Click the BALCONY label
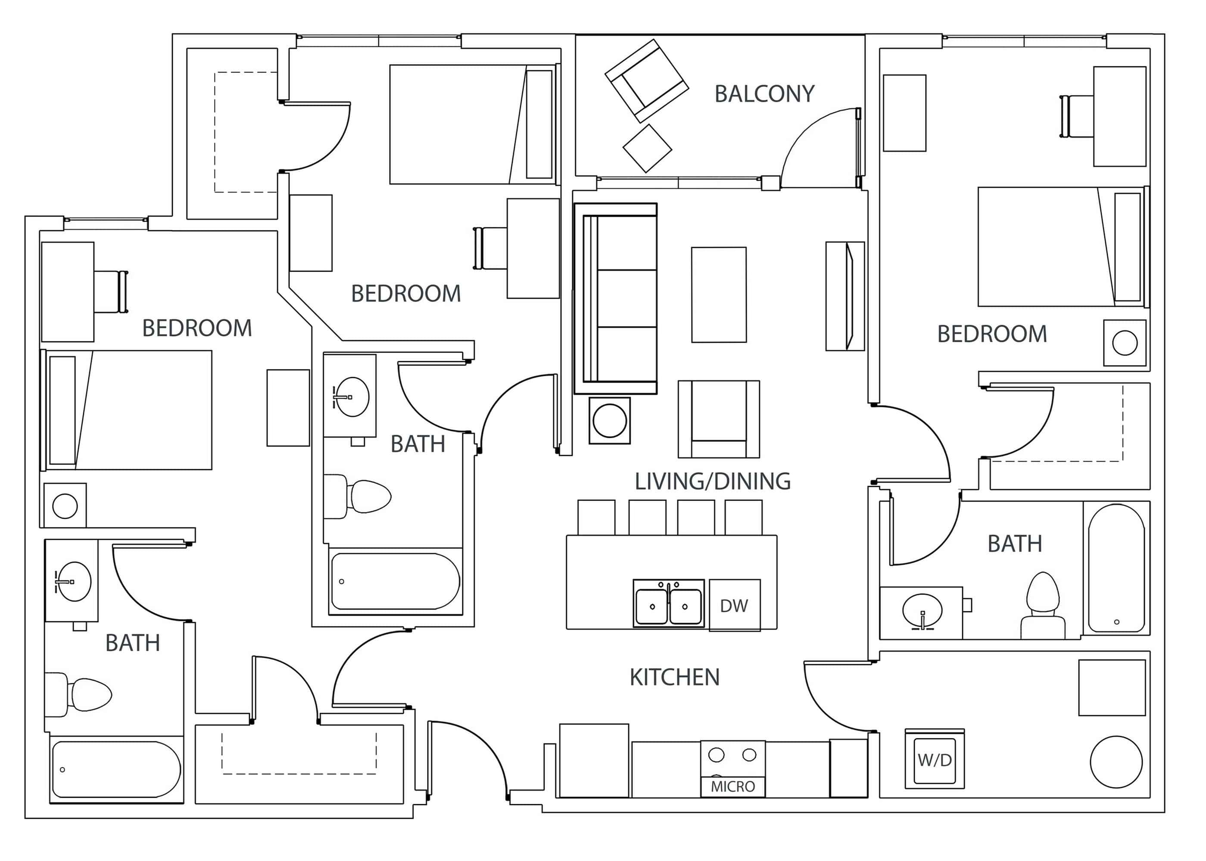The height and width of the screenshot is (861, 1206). click(x=764, y=94)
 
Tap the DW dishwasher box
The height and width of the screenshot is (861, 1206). click(x=734, y=605)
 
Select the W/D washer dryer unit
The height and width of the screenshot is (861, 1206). click(x=935, y=759)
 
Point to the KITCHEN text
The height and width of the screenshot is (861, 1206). click(x=674, y=677)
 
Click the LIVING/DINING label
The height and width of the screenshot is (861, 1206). click(x=712, y=481)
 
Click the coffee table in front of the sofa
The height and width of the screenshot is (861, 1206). click(x=718, y=294)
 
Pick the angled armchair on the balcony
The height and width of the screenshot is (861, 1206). click(x=646, y=80)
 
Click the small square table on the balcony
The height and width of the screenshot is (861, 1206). click(x=647, y=148)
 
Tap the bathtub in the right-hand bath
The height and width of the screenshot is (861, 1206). click(x=1116, y=568)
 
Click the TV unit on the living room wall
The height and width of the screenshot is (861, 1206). click(x=845, y=296)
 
